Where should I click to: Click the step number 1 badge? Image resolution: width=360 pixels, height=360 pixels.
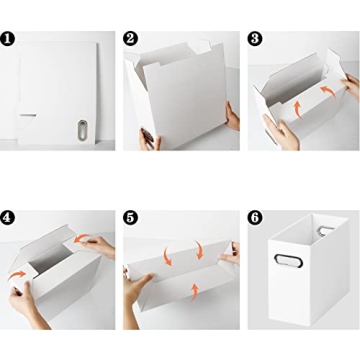[x=9, y=39]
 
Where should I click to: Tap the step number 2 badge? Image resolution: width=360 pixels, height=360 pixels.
[x=131, y=39]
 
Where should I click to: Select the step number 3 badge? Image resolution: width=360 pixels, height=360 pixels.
[x=254, y=39]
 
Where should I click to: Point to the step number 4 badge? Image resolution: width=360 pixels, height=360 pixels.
[x=9, y=217]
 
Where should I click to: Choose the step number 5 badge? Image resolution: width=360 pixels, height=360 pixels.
[x=131, y=217]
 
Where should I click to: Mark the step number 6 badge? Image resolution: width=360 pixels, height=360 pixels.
[x=254, y=217]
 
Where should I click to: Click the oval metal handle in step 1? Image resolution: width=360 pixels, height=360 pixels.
[x=82, y=131]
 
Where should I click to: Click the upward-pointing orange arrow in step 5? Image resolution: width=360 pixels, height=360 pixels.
[x=195, y=292]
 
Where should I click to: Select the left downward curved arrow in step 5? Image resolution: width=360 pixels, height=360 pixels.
[x=167, y=254]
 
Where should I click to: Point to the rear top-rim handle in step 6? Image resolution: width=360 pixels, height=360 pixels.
[x=325, y=232]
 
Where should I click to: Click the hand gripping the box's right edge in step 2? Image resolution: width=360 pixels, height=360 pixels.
[x=232, y=118]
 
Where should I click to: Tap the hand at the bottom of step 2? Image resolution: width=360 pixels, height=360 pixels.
[x=150, y=139]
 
